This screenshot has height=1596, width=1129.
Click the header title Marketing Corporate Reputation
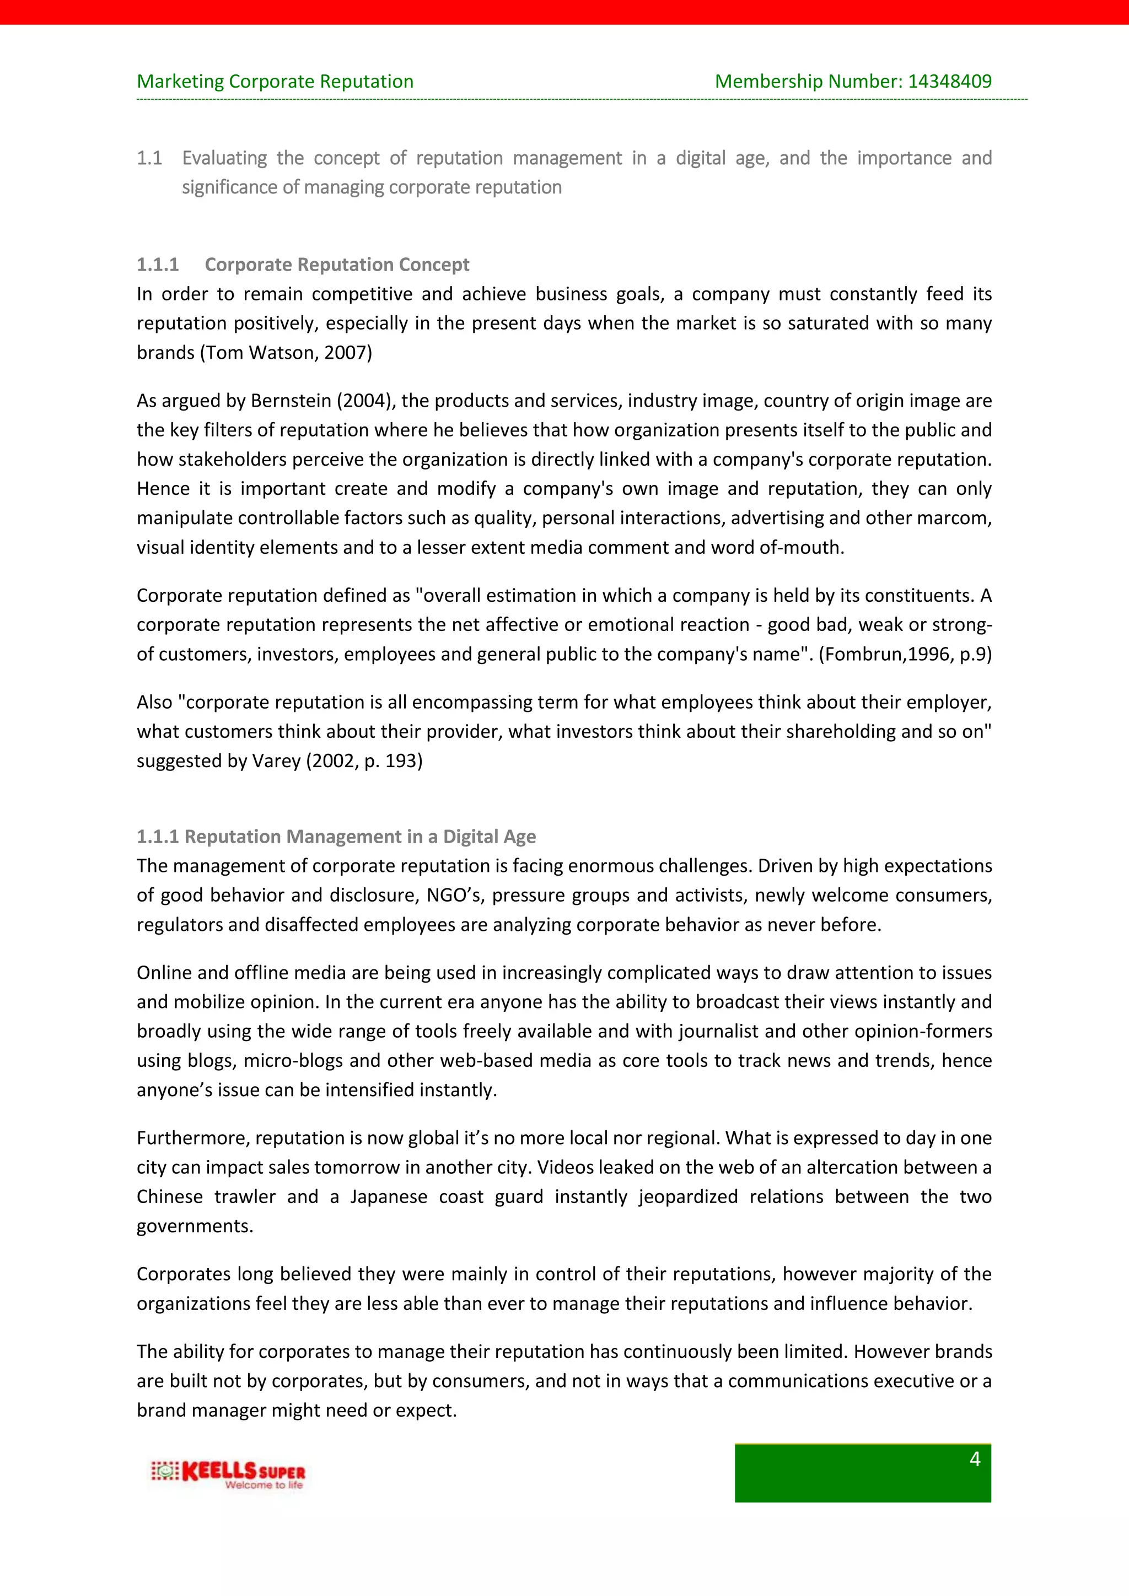(275, 82)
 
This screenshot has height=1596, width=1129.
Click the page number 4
(975, 1459)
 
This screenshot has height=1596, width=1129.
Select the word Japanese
(389, 1197)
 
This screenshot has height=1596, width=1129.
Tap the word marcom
(963, 519)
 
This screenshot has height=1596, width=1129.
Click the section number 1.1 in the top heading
(149, 159)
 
